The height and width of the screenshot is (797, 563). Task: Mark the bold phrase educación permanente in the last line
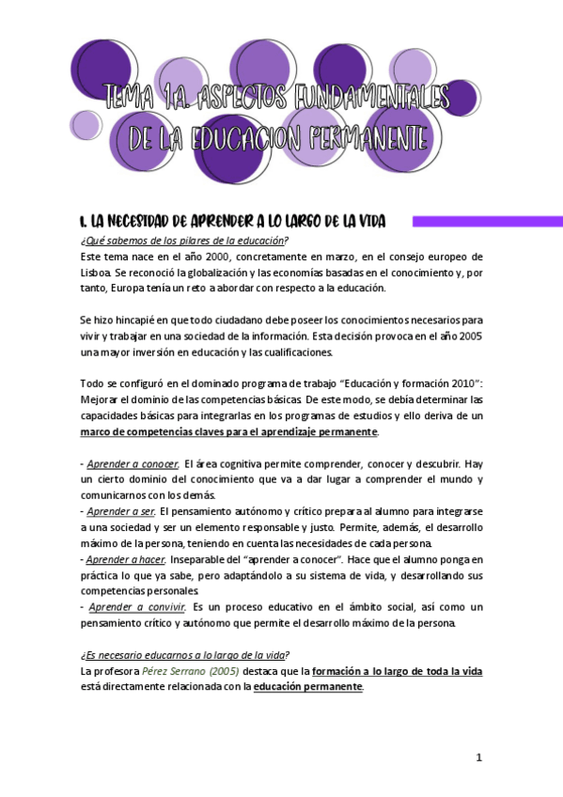pos(307,687)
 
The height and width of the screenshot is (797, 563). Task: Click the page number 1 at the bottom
pos(478,758)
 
